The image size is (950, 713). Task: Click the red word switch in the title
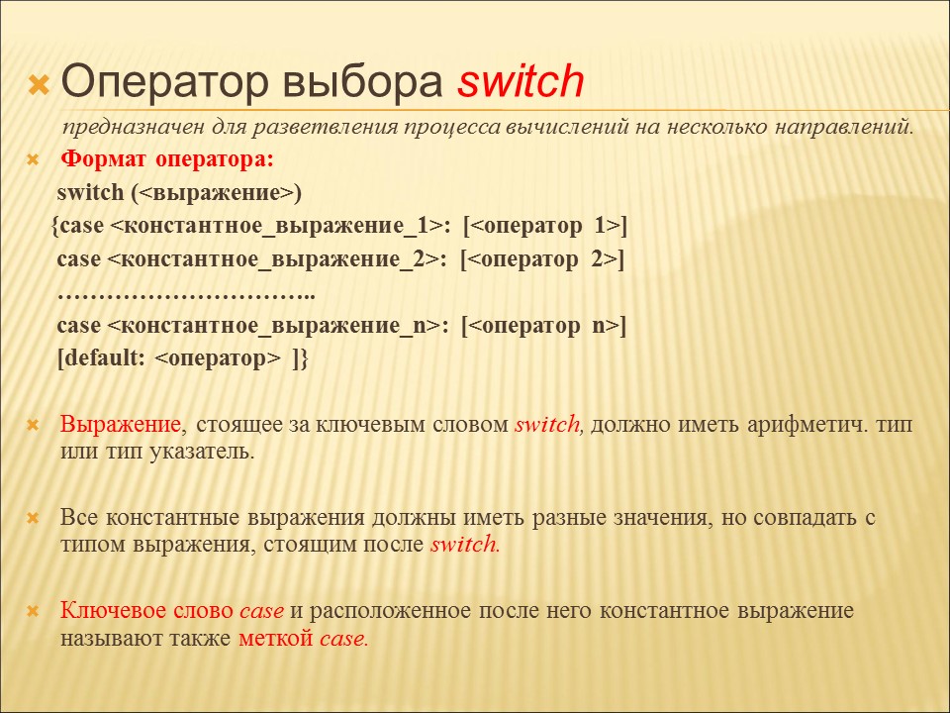coord(521,82)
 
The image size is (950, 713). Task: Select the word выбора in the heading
coord(363,82)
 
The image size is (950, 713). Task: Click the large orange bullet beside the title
coord(39,85)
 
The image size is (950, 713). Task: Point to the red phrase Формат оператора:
coord(167,159)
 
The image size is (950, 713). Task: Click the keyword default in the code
coord(101,357)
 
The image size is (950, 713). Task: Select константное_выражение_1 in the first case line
coord(277,226)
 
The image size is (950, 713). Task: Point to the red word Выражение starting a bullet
coord(121,425)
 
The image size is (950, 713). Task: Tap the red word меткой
coord(276,638)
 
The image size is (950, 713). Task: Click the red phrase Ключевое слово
coord(146,610)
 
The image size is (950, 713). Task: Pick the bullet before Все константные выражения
coord(33,518)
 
